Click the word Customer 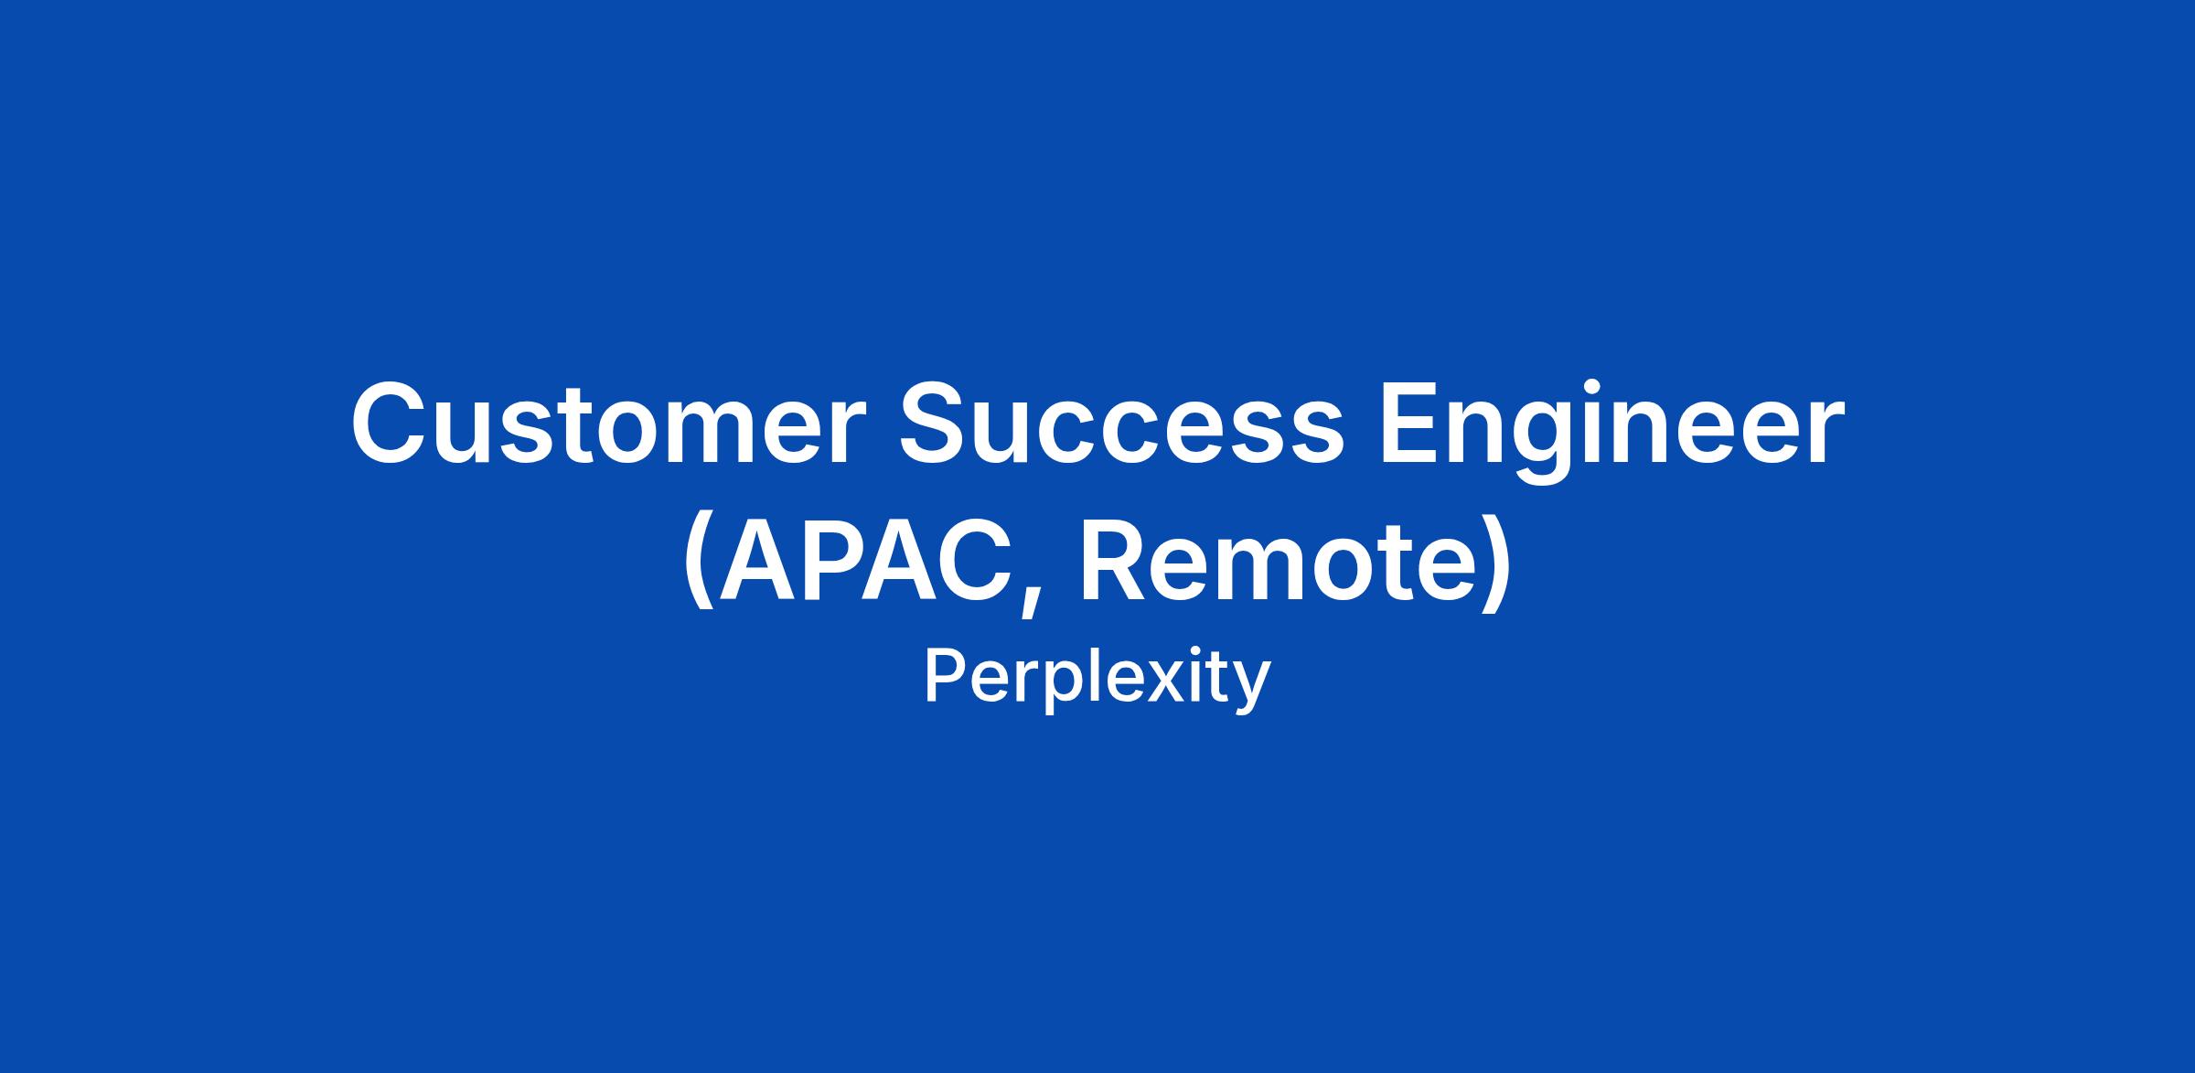click(607, 424)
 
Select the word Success click(1122, 424)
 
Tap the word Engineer click(1611, 430)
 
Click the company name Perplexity click(1097, 679)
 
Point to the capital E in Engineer click(1414, 424)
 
